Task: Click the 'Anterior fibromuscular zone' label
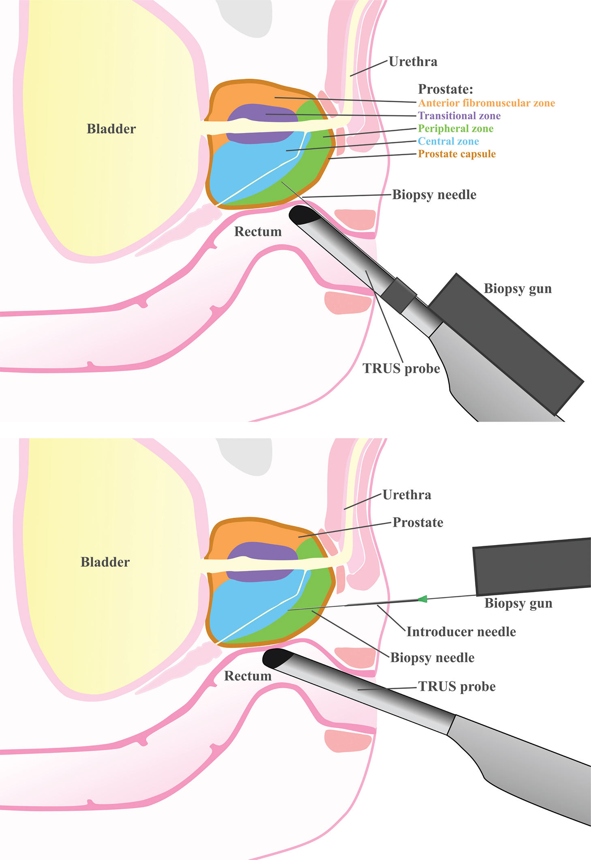pyautogui.click(x=486, y=103)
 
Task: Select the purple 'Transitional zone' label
pyautogui.click(x=459, y=116)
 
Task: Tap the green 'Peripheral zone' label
pyautogui.click(x=456, y=129)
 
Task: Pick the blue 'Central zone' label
pyautogui.click(x=448, y=141)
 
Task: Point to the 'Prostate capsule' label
pyautogui.click(x=457, y=154)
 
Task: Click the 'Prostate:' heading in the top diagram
pyautogui.click(x=445, y=89)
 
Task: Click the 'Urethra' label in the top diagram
pyautogui.click(x=413, y=62)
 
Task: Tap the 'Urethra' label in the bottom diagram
pyautogui.click(x=407, y=495)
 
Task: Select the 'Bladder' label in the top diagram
pyautogui.click(x=111, y=129)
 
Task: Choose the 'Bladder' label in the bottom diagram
pyautogui.click(x=105, y=562)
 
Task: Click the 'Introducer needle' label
pyautogui.click(x=461, y=632)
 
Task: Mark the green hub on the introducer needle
pyautogui.click(x=423, y=599)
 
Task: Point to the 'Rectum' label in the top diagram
pyautogui.click(x=258, y=232)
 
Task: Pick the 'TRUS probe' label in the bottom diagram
pyautogui.click(x=457, y=686)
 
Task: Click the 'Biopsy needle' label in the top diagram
pyautogui.click(x=434, y=195)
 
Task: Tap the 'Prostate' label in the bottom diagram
pyautogui.click(x=418, y=522)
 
